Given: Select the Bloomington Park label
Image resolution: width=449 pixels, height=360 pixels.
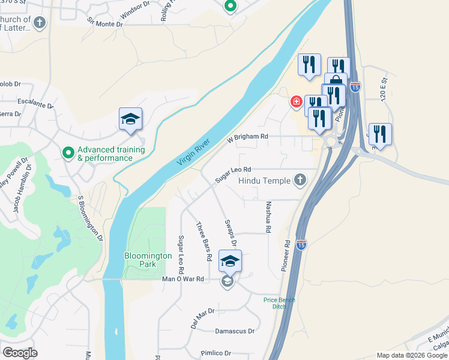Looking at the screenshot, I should [x=148, y=260].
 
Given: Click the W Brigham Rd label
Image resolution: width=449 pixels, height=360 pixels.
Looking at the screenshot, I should [x=247, y=137].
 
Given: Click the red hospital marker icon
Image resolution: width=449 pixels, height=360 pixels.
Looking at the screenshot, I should [x=295, y=102].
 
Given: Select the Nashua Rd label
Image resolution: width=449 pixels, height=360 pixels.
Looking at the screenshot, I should [x=268, y=217].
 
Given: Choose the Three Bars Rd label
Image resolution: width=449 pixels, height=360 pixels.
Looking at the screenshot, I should [x=204, y=241].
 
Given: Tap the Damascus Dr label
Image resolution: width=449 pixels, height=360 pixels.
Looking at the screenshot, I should [x=235, y=331].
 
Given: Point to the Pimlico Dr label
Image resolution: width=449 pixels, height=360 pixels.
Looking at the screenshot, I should [x=215, y=353].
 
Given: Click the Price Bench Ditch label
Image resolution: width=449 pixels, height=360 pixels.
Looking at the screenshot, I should [x=279, y=303].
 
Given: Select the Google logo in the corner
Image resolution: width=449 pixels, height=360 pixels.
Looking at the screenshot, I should [x=20, y=352].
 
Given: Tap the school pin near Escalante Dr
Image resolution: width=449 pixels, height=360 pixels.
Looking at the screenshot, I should [x=130, y=119].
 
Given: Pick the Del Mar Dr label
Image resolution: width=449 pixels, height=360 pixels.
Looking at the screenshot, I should [x=202, y=319].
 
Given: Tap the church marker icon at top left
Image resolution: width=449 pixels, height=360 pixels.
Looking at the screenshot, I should [x=39, y=23].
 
